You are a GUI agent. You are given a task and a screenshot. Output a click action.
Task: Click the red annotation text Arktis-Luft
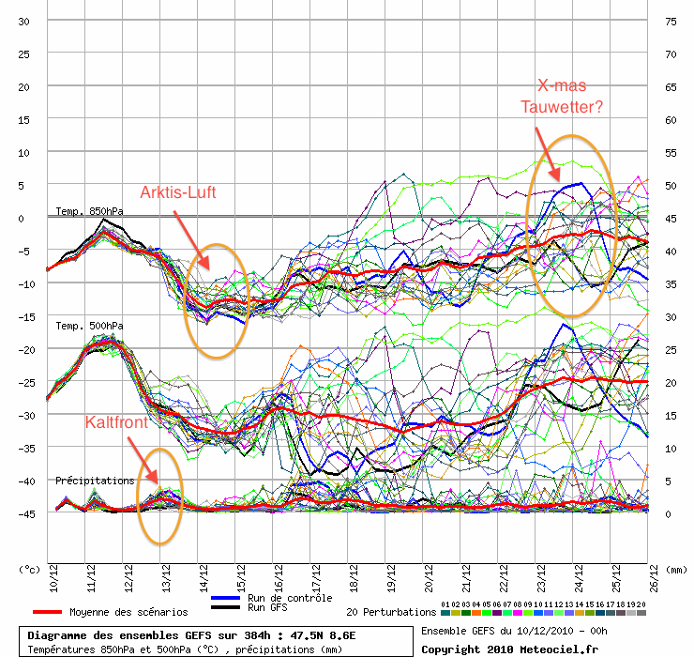[x=178, y=192]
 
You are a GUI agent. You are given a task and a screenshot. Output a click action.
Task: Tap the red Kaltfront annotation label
[x=116, y=422]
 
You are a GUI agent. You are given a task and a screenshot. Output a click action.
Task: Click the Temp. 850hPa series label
[x=89, y=211]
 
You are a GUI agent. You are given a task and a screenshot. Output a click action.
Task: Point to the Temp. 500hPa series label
[x=89, y=326]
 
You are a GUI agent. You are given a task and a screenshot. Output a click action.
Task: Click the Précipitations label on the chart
[x=95, y=481]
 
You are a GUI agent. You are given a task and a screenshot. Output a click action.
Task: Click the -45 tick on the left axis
[x=23, y=513]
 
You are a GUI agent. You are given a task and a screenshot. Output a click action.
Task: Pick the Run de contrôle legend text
[x=290, y=598]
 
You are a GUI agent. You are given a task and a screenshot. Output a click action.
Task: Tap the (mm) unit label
[x=677, y=569]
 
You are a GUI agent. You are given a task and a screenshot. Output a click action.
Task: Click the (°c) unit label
[x=28, y=569]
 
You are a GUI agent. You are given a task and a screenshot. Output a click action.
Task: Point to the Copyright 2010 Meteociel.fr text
[x=496, y=649]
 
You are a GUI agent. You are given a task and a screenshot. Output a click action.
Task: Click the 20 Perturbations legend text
[x=391, y=612]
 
